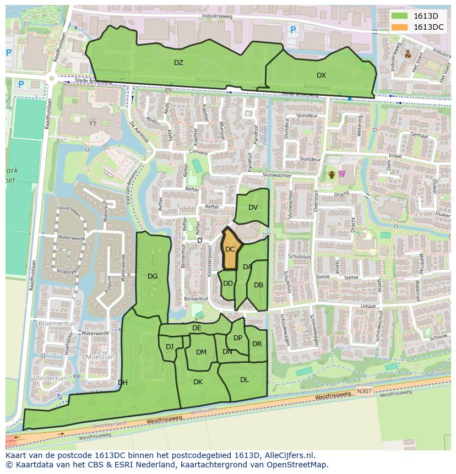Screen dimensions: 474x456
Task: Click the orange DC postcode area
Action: [231, 250]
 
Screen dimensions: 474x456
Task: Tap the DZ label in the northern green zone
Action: [178, 63]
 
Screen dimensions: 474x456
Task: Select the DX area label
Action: [321, 75]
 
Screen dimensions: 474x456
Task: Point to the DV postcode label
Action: [253, 208]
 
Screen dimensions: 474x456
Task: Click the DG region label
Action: [153, 276]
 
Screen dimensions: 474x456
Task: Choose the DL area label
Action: [244, 379]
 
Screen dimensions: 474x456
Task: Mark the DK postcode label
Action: [198, 382]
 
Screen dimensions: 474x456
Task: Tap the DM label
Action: [201, 352]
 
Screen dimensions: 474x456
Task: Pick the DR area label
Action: [257, 344]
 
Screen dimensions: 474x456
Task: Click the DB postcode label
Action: [258, 285]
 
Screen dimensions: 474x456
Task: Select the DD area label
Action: [227, 284]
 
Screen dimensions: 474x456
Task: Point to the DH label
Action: [122, 383]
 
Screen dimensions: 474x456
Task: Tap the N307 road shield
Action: [363, 391]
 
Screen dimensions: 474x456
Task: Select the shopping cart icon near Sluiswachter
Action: [342, 174]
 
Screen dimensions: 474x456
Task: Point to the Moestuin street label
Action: [100, 357]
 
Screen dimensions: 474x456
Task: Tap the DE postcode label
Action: [197, 328]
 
